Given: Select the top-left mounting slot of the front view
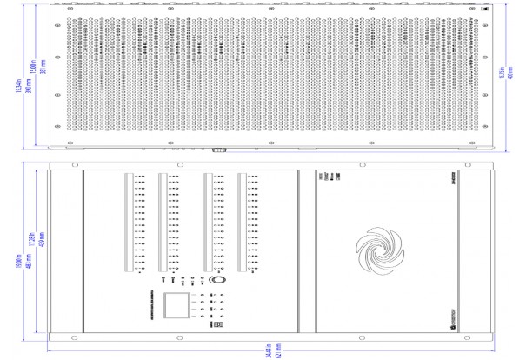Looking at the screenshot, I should pos(70,164).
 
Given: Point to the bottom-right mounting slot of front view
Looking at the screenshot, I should pos(473,334).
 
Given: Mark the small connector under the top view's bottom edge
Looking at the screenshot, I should pos(216,150).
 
